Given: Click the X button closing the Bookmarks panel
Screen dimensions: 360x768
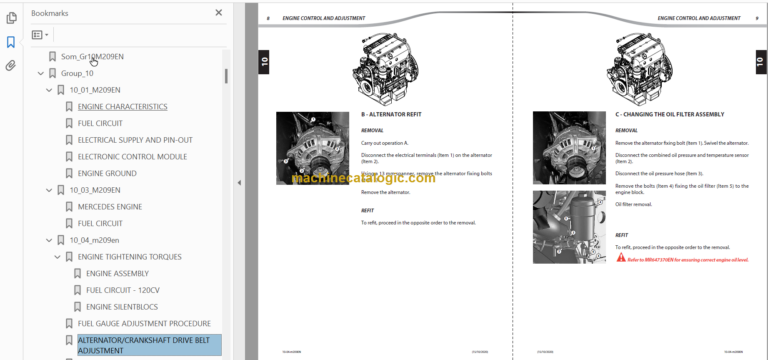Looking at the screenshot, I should (219, 13).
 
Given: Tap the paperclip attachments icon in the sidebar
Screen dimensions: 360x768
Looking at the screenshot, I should (11, 66).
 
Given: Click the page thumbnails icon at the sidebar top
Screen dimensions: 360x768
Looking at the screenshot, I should (11, 17).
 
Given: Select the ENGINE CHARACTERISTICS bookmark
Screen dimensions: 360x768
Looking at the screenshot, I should (122, 106).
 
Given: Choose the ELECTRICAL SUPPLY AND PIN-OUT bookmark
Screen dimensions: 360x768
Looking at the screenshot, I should (135, 139).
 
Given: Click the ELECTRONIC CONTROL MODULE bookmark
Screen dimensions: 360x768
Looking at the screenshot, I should (132, 156).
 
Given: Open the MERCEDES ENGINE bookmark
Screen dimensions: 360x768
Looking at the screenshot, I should (110, 206).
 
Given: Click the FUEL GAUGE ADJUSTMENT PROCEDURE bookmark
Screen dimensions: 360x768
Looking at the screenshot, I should (144, 323).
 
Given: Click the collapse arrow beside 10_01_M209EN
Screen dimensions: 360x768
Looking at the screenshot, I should (48, 90).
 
